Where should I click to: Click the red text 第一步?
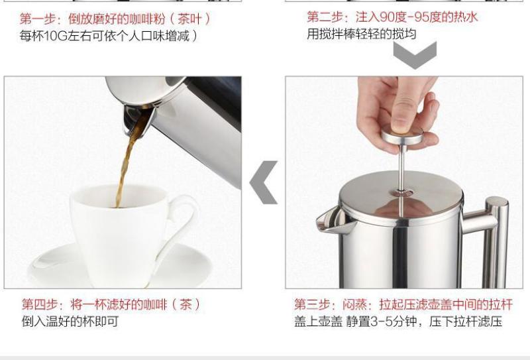[37, 19]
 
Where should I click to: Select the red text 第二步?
[325, 17]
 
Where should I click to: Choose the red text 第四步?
[40, 304]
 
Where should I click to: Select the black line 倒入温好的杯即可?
[70, 321]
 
